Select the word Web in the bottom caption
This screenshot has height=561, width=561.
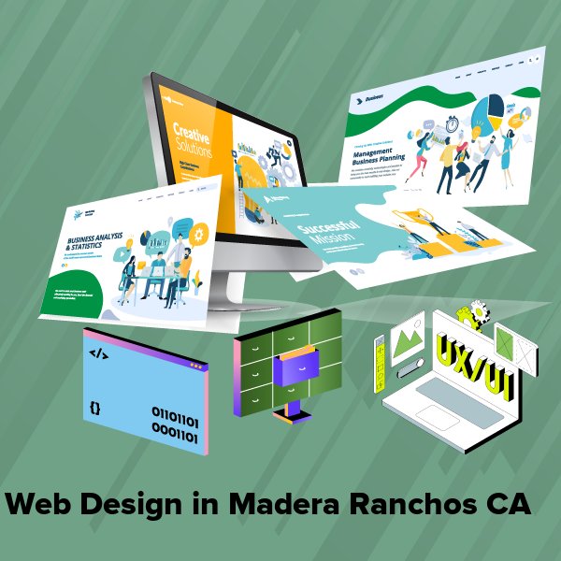[41, 505]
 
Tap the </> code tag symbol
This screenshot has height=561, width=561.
[98, 353]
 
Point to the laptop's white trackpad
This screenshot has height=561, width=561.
[438, 416]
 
